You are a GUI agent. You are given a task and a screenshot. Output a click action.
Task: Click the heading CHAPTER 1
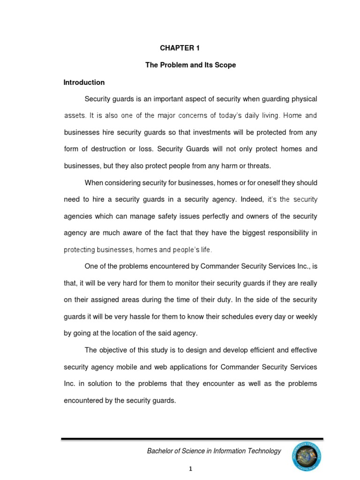point(176,48)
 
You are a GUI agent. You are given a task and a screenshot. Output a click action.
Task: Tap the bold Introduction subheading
point(84,82)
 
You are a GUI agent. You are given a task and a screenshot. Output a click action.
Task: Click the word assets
point(75,115)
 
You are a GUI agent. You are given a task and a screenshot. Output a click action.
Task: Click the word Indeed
point(251,200)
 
